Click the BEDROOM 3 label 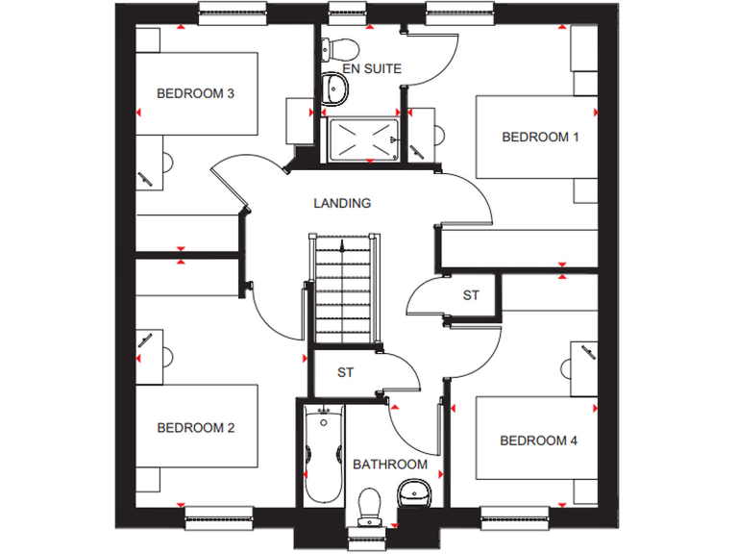pos(196,93)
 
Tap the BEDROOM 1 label pos(540,138)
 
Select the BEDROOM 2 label pos(196,428)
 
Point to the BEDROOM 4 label pos(539,441)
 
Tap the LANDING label pos(342,203)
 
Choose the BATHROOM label pos(390,465)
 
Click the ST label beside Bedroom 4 pos(471,295)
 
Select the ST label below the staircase pos(344,372)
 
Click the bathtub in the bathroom pos(324,453)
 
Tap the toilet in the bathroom pos(369,505)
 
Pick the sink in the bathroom pos(415,494)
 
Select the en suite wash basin pos(336,88)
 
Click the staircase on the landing pos(342,289)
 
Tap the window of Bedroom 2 pos(219,516)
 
